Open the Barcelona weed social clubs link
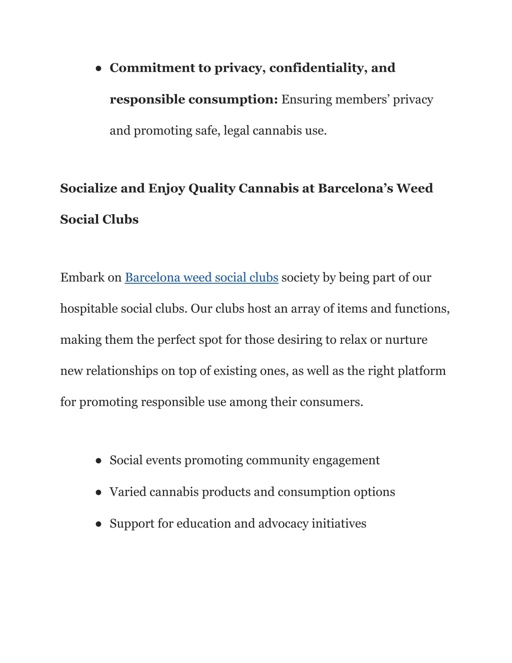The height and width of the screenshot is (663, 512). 201,278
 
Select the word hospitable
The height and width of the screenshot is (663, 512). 88,309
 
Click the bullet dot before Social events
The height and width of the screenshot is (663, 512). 99,461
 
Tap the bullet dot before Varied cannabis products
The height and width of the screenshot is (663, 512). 99,492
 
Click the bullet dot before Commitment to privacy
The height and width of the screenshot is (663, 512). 99,69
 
